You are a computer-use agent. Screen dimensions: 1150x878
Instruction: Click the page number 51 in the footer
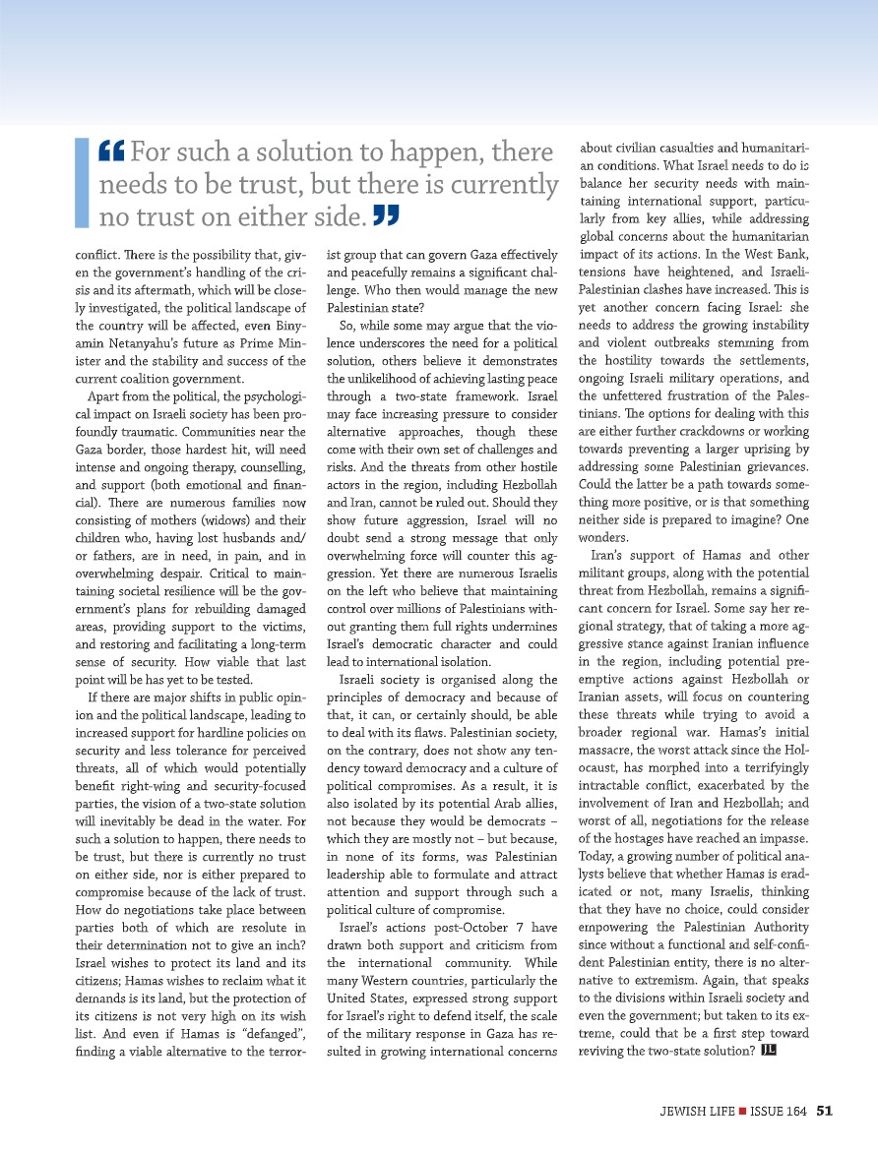[x=825, y=1112]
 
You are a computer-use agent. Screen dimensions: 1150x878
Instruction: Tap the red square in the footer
[x=743, y=1112]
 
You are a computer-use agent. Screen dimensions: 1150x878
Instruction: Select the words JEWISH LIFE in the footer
[x=697, y=1112]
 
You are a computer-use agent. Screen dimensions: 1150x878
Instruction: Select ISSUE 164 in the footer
[x=779, y=1112]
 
